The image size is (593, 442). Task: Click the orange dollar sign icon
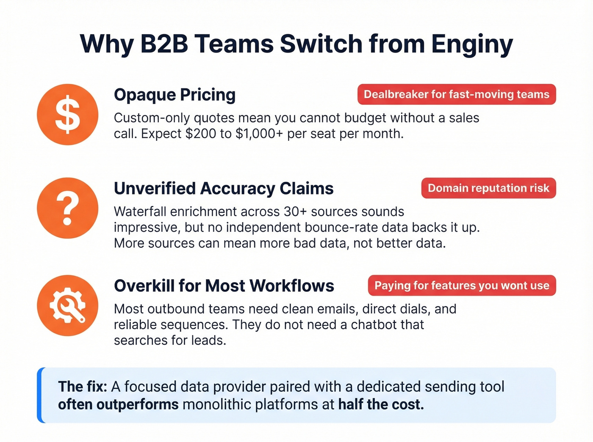coord(67,115)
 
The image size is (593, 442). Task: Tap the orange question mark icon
coord(67,208)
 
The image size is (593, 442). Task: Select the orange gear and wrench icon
coord(67,305)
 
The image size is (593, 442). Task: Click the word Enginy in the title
coord(472,44)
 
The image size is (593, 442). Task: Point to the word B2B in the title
coord(164,44)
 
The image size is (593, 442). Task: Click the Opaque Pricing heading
coord(175,95)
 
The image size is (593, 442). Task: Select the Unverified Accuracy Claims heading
coord(224,189)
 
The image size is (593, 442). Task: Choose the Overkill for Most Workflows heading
coord(224,286)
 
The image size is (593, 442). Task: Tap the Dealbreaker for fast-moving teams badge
coord(456,94)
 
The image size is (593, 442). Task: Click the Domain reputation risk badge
coord(488,188)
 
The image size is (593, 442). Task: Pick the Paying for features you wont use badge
coord(462,286)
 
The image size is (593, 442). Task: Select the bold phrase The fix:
coord(83,387)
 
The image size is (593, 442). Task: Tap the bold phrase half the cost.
coord(381,405)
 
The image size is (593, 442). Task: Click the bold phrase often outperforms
coord(118,405)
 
